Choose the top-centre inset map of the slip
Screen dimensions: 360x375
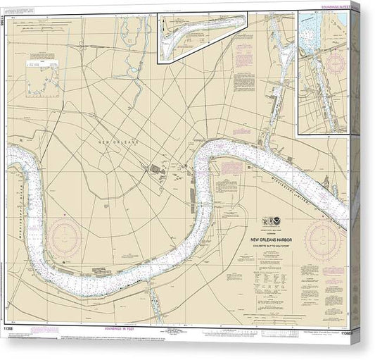203,36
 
